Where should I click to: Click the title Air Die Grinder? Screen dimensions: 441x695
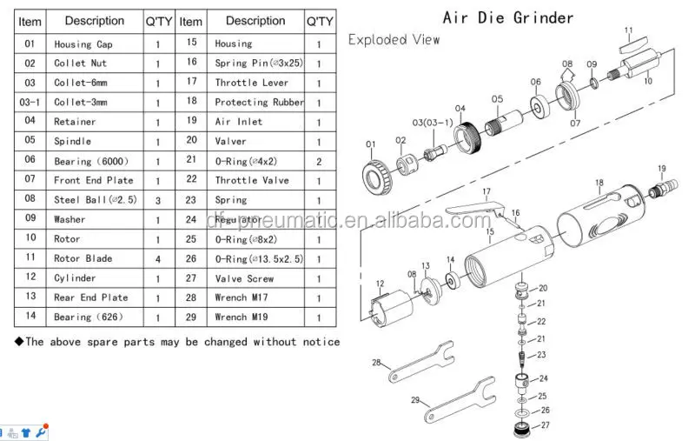(508, 17)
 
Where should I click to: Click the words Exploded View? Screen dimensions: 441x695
(394, 39)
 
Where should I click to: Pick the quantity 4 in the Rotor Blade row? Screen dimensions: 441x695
(157, 259)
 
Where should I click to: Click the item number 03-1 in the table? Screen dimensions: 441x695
(30, 102)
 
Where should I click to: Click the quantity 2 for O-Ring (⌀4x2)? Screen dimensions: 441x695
(319, 161)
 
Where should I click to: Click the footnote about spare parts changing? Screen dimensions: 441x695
(177, 342)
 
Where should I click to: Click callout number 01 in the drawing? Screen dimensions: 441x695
(371, 144)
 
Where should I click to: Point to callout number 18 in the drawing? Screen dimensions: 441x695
(599, 183)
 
